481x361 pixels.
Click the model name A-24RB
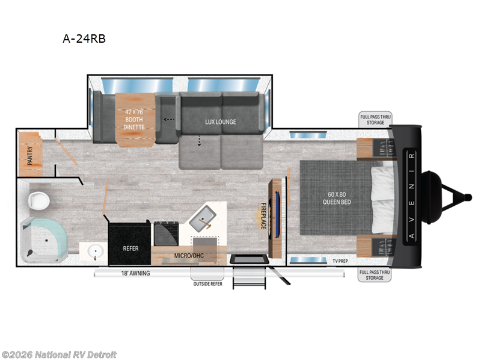pyautogui.click(x=79, y=39)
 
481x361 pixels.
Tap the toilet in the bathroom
pyautogui.click(x=38, y=200)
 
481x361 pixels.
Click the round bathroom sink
pyautogui.click(x=94, y=250)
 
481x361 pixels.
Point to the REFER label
pyautogui.click(x=130, y=248)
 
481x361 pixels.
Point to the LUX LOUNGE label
pyautogui.click(x=221, y=122)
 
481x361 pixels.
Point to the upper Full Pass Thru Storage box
pyautogui.click(x=375, y=119)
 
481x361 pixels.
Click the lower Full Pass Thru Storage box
pyautogui.click(x=375, y=275)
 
